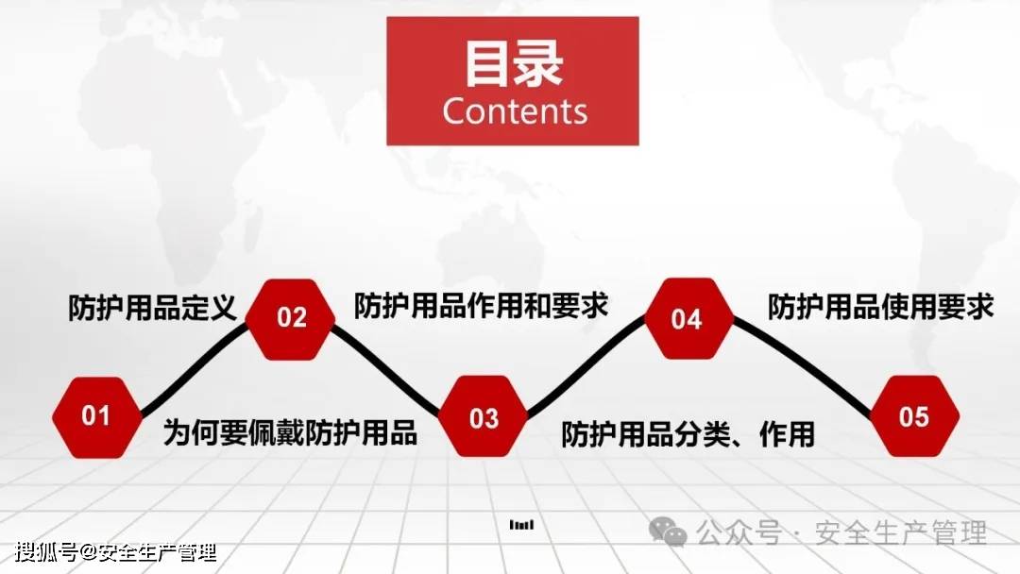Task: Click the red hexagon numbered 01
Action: tap(97, 416)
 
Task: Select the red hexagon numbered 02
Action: tap(291, 319)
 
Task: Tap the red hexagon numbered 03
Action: tap(484, 416)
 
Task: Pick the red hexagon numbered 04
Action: tap(688, 318)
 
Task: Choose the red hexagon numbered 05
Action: tap(914, 416)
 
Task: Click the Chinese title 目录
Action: tap(513, 63)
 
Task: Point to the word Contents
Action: tap(515, 111)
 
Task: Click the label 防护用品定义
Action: tap(152, 308)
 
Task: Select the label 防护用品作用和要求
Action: tap(482, 306)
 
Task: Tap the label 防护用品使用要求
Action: tap(881, 307)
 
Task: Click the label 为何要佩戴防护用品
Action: tap(290, 432)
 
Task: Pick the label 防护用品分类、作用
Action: tap(688, 434)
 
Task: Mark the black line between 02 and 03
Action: tap(386, 369)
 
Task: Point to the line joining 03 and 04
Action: tap(586, 366)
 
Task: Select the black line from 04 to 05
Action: tap(802, 366)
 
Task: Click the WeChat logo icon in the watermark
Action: tap(668, 532)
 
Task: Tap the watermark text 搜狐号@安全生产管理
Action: tap(116, 552)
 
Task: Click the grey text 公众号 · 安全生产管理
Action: tap(841, 533)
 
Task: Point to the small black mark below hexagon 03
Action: tap(521, 525)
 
